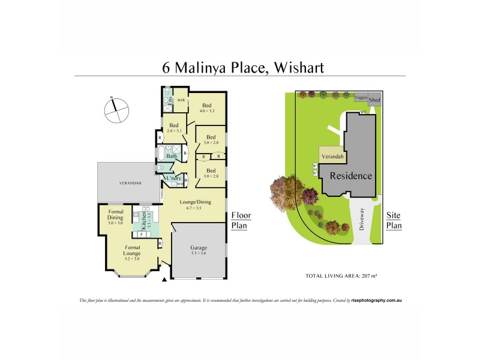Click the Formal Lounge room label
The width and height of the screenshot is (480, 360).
(132, 250)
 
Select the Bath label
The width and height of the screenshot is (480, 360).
(172, 157)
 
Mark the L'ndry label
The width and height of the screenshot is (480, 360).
(175, 178)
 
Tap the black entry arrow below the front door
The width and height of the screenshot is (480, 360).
(165, 280)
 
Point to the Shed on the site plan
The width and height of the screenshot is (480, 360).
(374, 99)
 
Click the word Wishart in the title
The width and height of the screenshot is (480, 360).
(299, 67)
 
